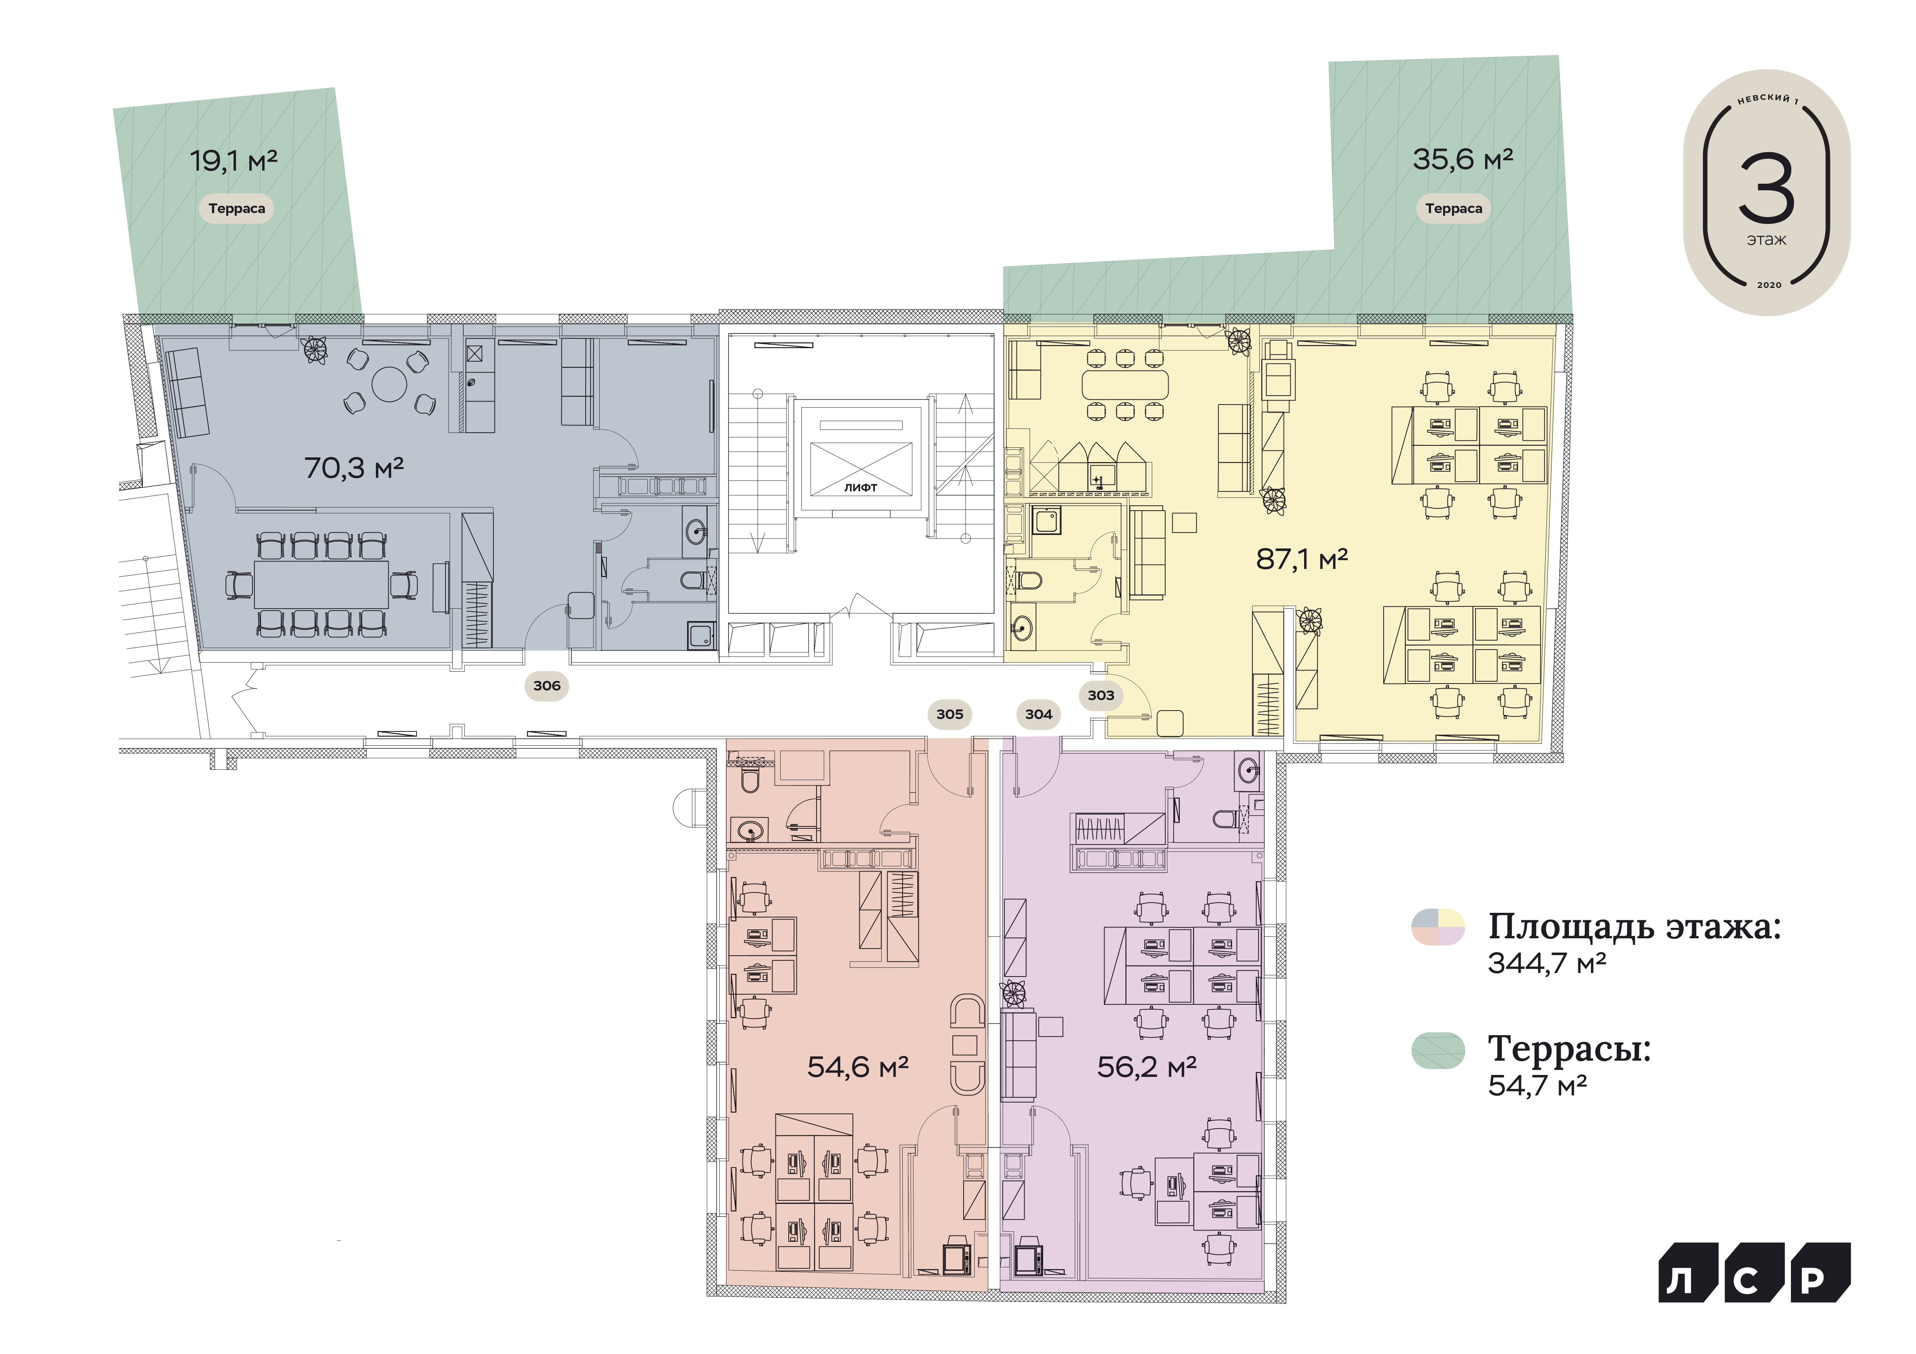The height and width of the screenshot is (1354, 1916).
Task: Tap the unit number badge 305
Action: tap(950, 714)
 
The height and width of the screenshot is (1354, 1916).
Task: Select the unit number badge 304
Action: tap(1038, 714)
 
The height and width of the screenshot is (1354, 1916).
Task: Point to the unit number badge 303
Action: tap(1101, 695)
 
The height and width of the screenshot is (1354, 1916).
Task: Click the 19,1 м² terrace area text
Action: tap(234, 160)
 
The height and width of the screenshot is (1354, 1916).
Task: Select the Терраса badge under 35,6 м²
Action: tap(1454, 208)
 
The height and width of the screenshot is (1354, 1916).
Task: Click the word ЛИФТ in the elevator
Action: tap(861, 487)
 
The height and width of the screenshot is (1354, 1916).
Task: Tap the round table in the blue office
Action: tap(390, 384)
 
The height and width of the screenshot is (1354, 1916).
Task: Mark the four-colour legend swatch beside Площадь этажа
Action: tap(1438, 926)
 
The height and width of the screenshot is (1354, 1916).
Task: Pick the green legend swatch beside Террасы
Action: tap(1438, 1050)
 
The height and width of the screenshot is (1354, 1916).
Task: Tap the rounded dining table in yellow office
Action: tap(1125, 384)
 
